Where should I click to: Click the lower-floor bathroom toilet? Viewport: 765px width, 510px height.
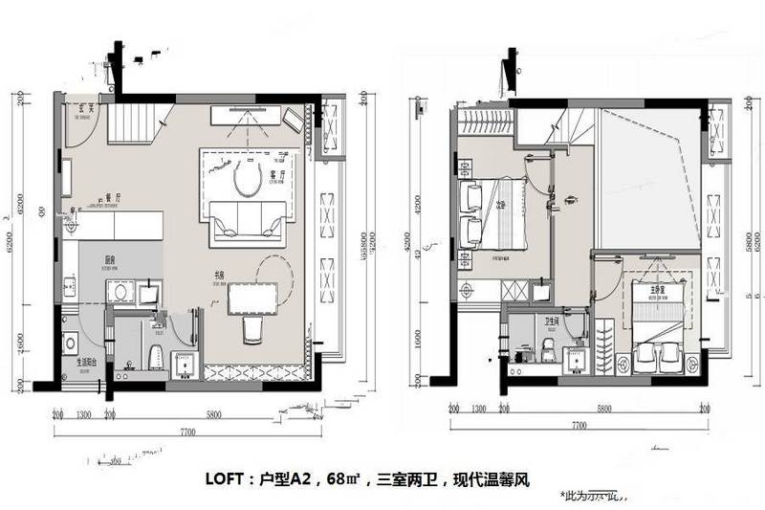click(154, 353)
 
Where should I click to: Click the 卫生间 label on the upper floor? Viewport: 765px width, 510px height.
click(552, 322)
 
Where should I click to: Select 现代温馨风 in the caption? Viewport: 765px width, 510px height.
click(493, 480)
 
